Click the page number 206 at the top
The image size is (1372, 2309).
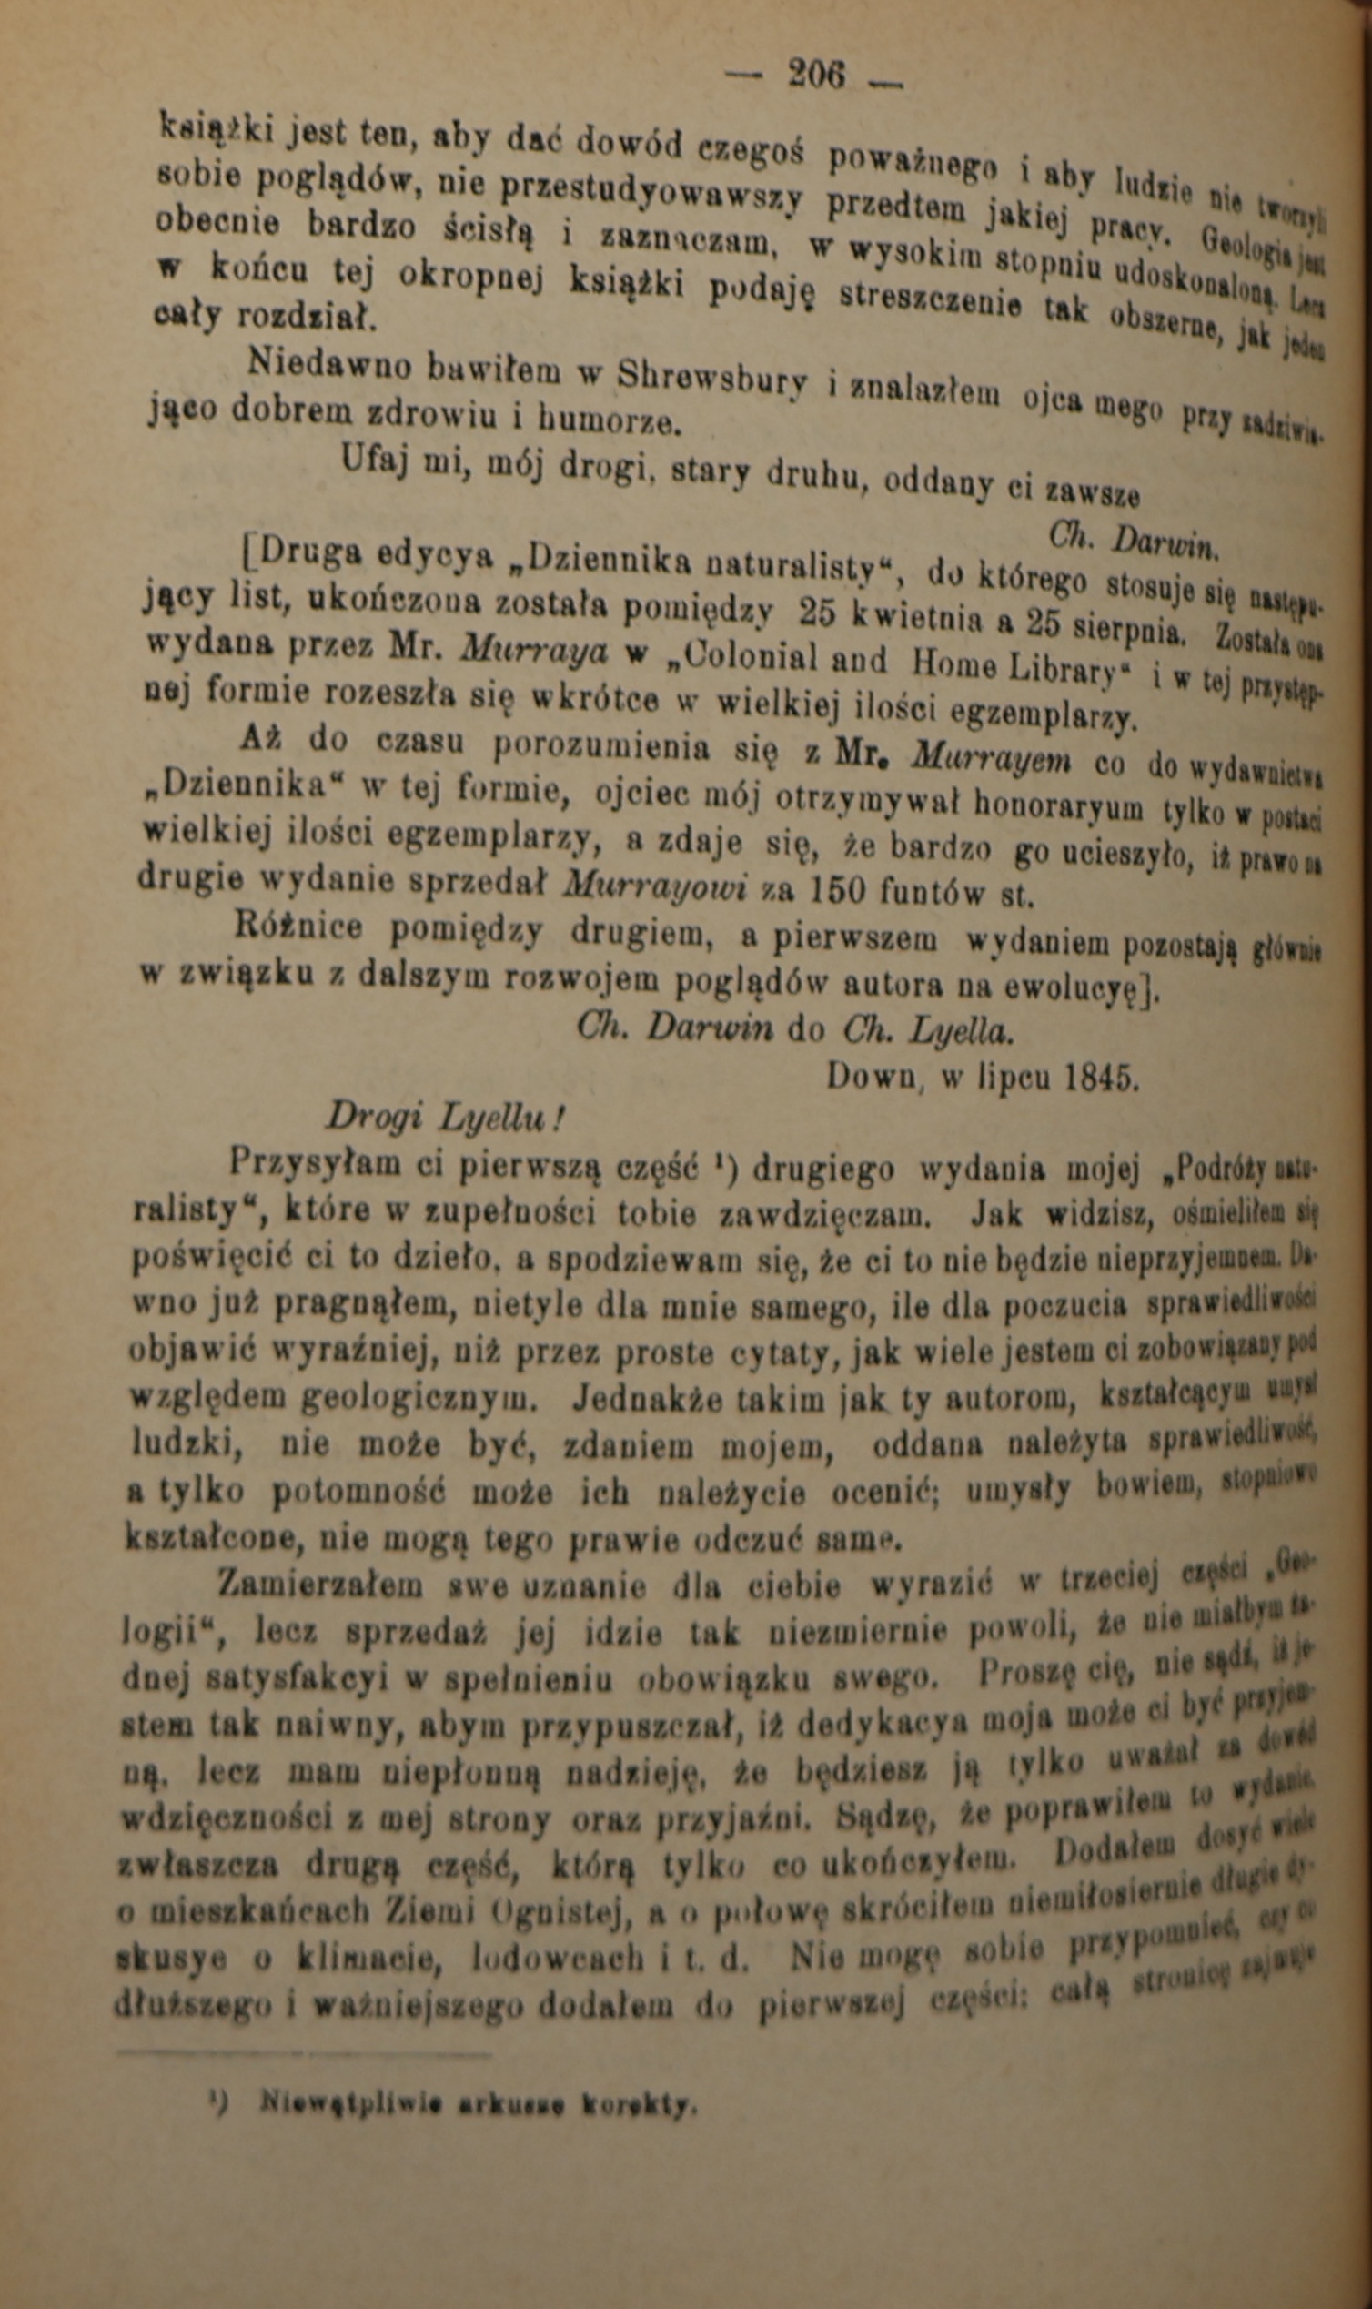815,74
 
